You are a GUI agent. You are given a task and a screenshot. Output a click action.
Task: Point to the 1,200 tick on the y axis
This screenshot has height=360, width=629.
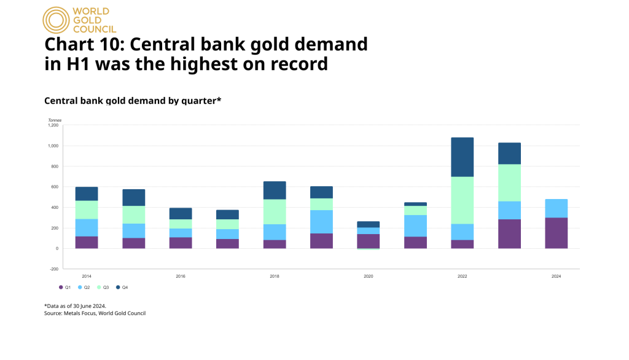tap(53, 125)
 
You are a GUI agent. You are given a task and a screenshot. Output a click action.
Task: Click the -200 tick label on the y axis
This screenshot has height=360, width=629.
tap(53, 269)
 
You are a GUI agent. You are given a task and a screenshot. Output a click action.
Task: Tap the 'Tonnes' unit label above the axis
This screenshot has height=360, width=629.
tap(55, 119)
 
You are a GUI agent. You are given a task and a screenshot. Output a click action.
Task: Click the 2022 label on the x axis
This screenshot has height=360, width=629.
tap(462, 276)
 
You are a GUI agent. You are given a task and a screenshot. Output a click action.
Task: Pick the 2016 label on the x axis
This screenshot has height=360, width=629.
tap(181, 276)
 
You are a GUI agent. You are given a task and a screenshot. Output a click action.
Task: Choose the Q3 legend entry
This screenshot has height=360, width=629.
tap(103, 288)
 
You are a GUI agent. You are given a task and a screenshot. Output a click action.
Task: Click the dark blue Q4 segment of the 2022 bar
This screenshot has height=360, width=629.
tap(462, 157)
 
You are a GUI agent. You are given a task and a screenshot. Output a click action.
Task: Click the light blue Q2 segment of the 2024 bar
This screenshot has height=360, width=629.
tap(556, 208)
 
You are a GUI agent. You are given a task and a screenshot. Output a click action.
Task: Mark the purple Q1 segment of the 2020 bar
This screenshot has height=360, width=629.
tap(368, 241)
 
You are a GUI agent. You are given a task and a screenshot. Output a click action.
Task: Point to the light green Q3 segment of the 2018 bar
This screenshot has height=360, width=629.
tap(275, 211)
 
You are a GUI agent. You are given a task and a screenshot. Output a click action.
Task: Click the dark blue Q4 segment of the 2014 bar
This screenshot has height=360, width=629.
tap(87, 194)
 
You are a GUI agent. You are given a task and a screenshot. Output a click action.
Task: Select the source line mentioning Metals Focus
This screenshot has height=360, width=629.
tap(95, 313)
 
